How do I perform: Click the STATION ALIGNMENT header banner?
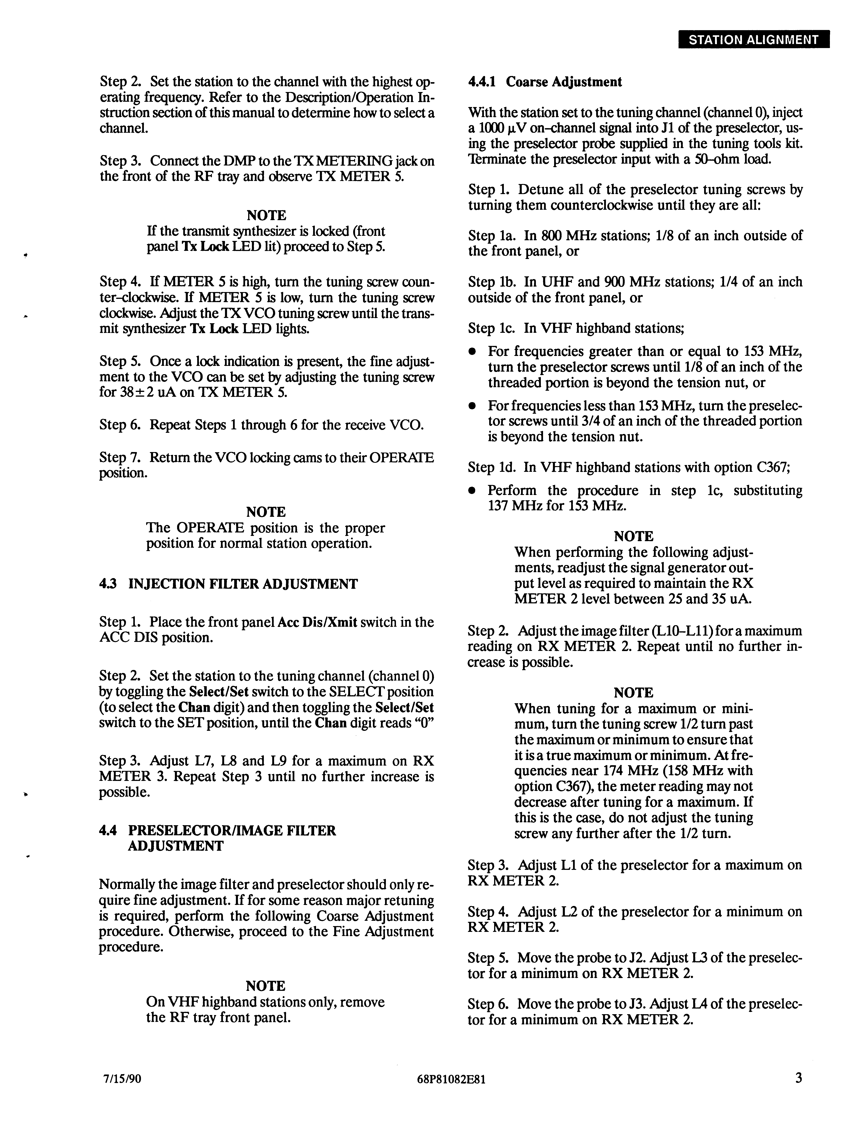pyautogui.click(x=753, y=40)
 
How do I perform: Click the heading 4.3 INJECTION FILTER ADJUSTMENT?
pyautogui.click(x=229, y=584)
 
